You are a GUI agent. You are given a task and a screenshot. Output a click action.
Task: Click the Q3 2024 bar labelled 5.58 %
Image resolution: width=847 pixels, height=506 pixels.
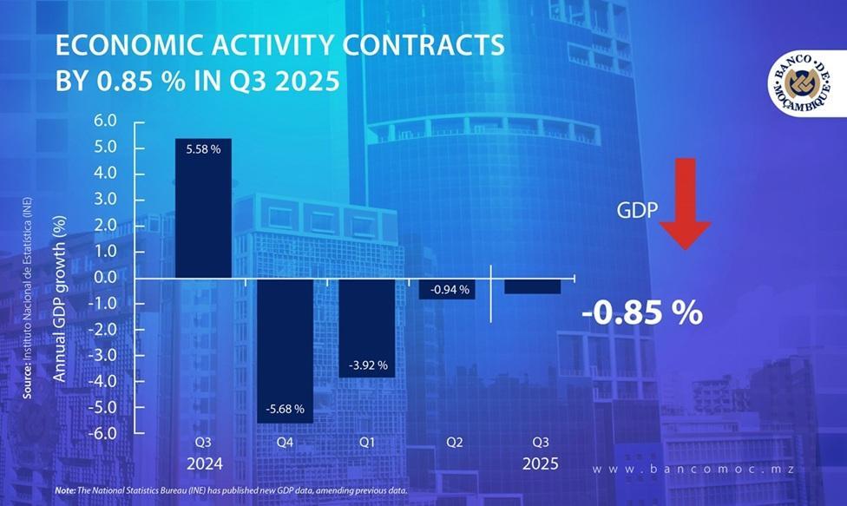click(203, 208)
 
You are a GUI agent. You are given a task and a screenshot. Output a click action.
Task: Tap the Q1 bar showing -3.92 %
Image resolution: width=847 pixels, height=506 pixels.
click(365, 327)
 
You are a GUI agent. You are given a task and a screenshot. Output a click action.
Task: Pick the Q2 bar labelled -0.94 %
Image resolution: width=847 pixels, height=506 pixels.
click(447, 289)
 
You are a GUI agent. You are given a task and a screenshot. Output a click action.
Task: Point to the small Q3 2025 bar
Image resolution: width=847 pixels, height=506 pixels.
click(532, 286)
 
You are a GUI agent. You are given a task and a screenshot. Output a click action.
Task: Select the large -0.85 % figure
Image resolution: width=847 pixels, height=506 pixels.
click(643, 313)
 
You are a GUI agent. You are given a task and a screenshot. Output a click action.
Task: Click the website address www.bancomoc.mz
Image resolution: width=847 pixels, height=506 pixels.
click(694, 470)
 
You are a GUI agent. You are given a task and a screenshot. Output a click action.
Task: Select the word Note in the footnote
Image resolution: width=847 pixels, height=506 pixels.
click(64, 490)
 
